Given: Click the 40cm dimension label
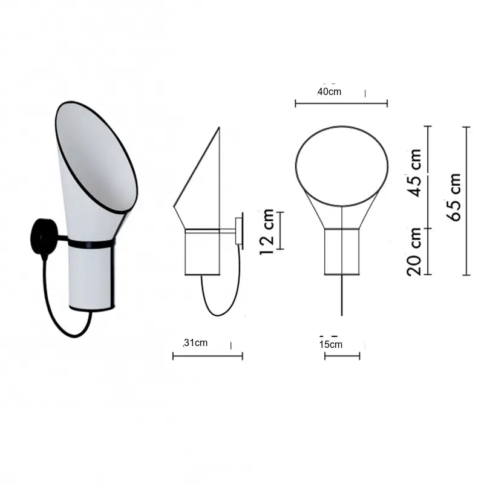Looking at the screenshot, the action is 329,92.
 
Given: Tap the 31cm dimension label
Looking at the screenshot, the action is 195,342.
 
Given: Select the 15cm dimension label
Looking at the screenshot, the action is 331,344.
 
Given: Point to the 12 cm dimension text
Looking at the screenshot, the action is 267,232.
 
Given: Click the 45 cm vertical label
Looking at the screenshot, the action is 414,173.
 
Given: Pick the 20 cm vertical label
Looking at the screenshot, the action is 414,252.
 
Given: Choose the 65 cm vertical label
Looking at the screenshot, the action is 454,197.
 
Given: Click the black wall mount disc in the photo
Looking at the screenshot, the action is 43,237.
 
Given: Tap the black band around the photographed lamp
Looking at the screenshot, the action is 91,244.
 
